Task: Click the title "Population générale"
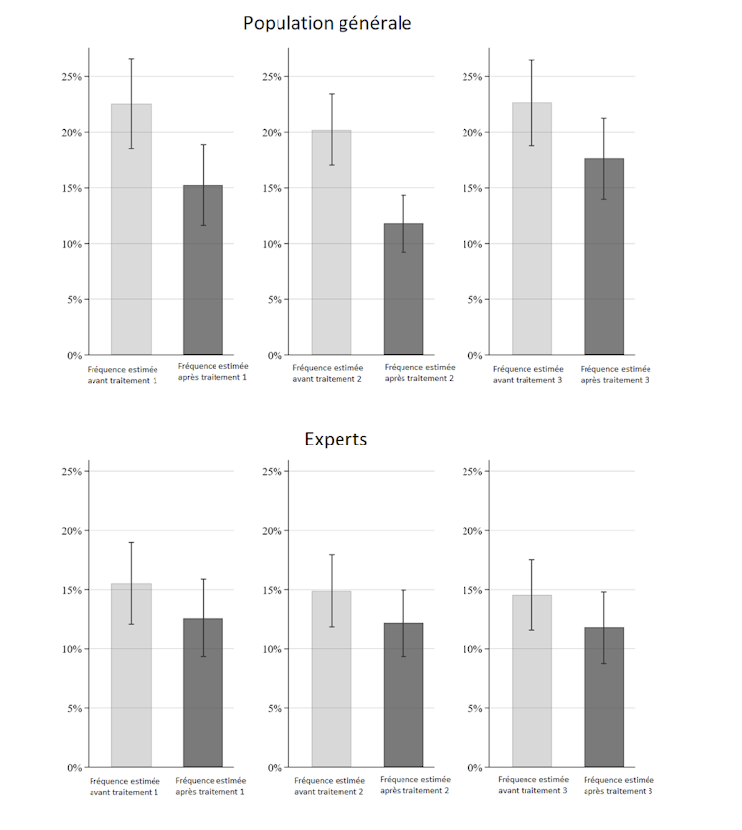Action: click(327, 23)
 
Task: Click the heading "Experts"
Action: click(336, 439)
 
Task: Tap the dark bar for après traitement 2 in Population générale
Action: click(403, 289)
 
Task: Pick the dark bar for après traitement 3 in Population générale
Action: click(603, 257)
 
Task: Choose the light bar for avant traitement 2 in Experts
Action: click(332, 679)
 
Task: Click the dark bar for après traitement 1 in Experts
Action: click(203, 692)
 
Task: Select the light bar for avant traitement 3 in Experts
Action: click(531, 681)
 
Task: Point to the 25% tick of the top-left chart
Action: click(70, 77)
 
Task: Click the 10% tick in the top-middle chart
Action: click(271, 244)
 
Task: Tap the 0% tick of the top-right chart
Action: click(473, 355)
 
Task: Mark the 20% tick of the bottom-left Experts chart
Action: click(70, 531)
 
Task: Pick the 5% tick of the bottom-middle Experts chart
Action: click(273, 708)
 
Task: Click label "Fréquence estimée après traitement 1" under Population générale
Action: click(212, 371)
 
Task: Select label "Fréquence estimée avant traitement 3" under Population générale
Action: click(527, 374)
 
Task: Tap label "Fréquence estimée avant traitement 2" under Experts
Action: click(329, 785)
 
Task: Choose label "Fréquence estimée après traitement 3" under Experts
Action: click(617, 785)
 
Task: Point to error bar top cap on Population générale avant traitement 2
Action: click(332, 94)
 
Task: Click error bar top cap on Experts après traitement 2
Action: click(403, 590)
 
